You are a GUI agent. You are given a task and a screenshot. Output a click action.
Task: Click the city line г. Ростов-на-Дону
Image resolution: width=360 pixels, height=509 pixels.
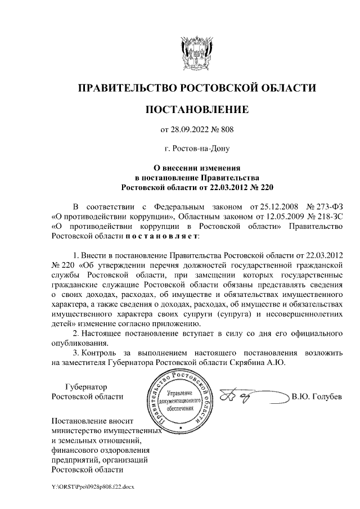click(196, 150)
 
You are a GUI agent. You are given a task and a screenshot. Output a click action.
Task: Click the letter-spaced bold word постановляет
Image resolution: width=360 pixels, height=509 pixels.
click(154, 236)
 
